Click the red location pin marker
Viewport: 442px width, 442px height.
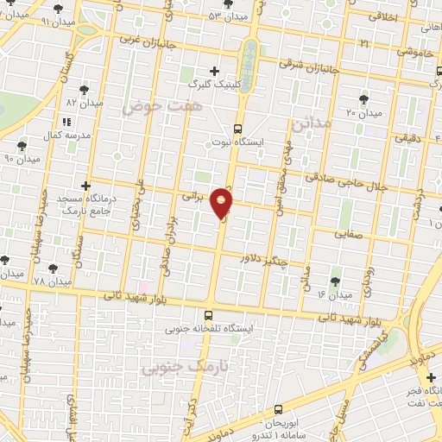pos(223,204)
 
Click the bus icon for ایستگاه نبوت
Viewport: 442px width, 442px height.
pos(238,129)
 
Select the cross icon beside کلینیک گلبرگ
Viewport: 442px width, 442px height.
pos(215,71)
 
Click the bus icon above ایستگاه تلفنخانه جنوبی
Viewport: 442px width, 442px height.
pos(208,315)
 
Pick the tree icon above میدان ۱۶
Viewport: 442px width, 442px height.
pos(335,281)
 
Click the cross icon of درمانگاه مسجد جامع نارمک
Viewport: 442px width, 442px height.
pos(85,186)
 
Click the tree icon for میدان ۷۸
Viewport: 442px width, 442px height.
pos(53,268)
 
